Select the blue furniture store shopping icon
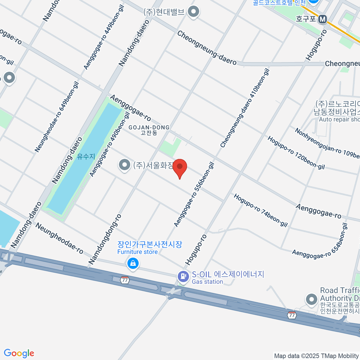coord(133,264)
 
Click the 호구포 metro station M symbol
coord(322,19)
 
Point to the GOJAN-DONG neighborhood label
coord(149,130)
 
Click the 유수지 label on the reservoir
coord(86,156)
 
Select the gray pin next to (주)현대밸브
coord(193,12)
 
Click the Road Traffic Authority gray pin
coord(311,299)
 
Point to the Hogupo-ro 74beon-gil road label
coord(261,210)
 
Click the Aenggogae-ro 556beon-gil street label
coord(194,194)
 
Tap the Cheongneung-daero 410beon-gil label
coord(245,108)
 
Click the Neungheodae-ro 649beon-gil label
coord(57,117)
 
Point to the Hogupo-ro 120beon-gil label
coord(296,152)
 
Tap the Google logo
coord(19,353)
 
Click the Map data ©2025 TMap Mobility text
coord(317,356)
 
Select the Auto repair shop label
coord(339,119)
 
